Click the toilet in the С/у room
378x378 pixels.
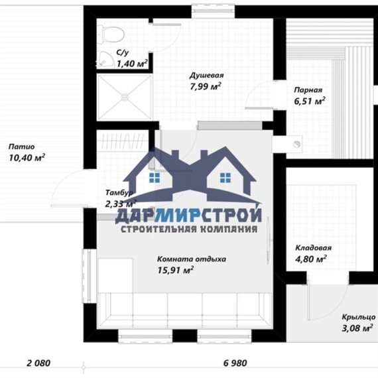click(111, 34)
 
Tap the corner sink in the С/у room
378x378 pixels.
click(105, 60)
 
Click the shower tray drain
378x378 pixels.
click(125, 97)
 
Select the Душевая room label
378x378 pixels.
click(207, 76)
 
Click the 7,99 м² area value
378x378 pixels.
click(206, 86)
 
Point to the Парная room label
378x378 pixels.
click(308, 90)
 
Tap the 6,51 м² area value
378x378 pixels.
click(310, 101)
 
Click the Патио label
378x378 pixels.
click(22, 147)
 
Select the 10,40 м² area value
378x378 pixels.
click(27, 158)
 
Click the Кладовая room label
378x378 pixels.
click(314, 248)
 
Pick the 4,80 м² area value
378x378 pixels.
click(311, 259)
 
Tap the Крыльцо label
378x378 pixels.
click(359, 317)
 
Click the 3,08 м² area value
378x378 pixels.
click(357, 328)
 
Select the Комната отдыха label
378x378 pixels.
click(192, 259)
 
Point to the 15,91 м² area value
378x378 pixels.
click(176, 270)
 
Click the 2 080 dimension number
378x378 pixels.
click(38, 363)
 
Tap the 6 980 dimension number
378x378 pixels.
click(235, 363)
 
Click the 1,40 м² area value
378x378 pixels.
click(132, 64)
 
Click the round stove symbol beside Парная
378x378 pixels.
click(296, 144)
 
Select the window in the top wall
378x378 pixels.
click(213, 11)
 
